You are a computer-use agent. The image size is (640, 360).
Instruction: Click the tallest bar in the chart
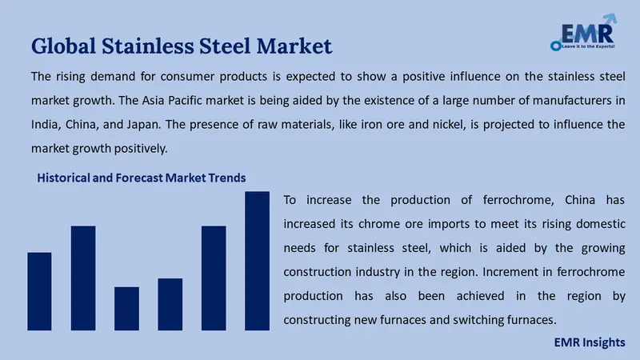click(257, 261)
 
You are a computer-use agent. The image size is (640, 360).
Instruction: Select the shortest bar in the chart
click(126, 308)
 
